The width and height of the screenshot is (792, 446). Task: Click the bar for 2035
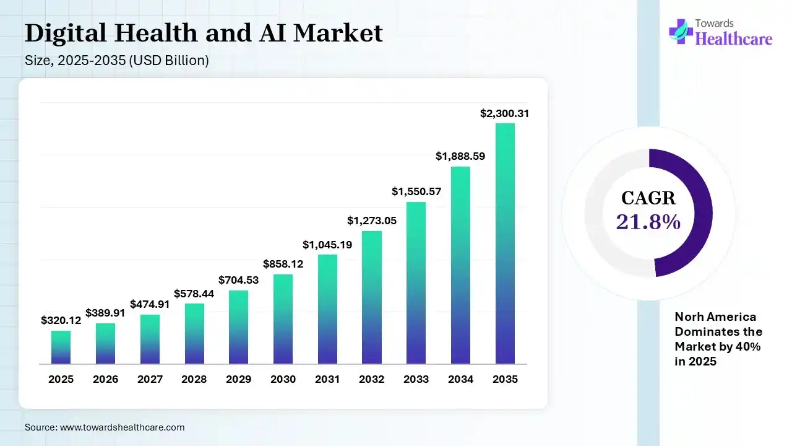tap(505, 243)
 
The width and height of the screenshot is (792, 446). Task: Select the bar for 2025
tap(61, 347)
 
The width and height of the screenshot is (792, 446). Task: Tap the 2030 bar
tap(283, 318)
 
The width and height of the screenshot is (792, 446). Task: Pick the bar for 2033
tap(416, 282)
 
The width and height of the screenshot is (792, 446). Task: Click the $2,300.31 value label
tap(505, 113)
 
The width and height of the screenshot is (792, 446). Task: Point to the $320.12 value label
tap(61, 320)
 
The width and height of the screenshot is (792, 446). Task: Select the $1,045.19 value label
tap(327, 245)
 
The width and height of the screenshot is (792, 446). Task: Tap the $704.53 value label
tap(238, 280)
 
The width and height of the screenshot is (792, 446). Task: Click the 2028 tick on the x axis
tap(194, 379)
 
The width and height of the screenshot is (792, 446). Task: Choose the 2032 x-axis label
tap(371, 379)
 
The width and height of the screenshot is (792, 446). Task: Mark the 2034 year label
tap(460, 379)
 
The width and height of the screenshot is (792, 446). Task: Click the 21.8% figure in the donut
tap(648, 221)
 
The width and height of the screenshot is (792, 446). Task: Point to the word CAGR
tap(648, 198)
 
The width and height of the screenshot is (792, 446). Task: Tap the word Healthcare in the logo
tap(734, 39)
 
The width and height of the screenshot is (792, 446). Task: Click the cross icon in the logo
tap(681, 31)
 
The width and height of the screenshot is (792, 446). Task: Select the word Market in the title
tap(338, 33)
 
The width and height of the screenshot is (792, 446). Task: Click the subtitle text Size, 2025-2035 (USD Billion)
tap(116, 61)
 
